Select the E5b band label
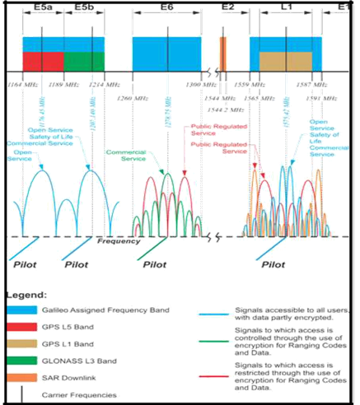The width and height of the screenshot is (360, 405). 84,7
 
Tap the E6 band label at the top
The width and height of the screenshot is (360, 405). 167,7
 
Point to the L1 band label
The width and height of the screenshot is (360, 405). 286,7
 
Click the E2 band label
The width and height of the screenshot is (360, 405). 228,7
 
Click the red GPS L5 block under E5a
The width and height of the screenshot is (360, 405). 42,62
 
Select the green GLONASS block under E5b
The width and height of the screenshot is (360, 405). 84,62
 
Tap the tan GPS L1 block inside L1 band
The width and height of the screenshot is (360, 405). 286,62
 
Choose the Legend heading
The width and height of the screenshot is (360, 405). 29,293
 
